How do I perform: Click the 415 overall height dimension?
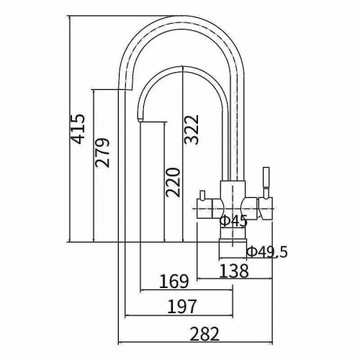(78, 129)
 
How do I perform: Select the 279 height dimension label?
(102, 153)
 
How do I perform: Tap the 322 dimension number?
(192, 130)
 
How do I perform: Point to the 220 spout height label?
(173, 182)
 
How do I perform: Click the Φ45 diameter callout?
(233, 221)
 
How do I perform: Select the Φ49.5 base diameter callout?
(267, 252)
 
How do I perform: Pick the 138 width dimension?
(234, 271)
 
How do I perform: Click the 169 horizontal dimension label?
(174, 282)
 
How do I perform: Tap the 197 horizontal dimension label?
(181, 307)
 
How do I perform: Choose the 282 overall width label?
(204, 334)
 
